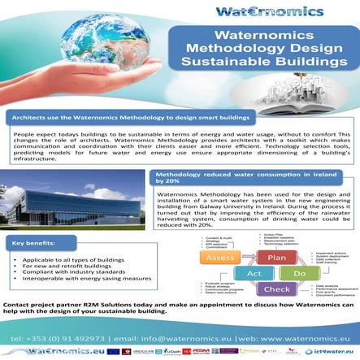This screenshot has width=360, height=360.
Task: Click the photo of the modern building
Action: click(73, 189)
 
